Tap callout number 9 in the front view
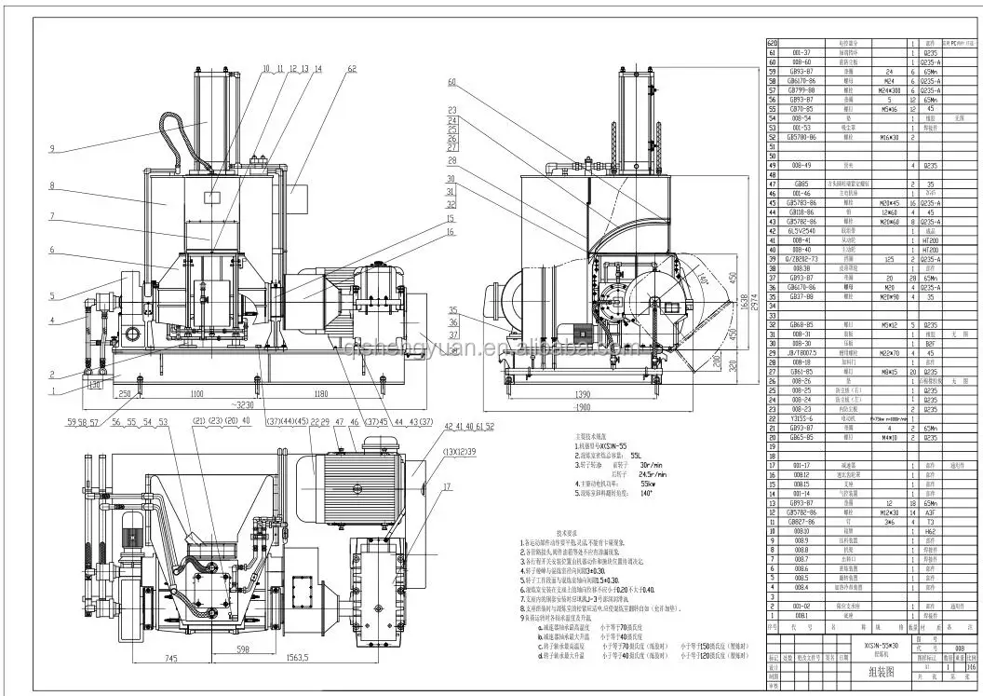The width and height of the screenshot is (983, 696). [53, 149]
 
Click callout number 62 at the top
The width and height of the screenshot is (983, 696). [352, 69]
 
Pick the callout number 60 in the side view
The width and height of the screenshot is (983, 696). [451, 83]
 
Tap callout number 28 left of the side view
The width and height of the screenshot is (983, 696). [451, 160]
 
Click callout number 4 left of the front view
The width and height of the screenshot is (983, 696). [53, 321]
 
